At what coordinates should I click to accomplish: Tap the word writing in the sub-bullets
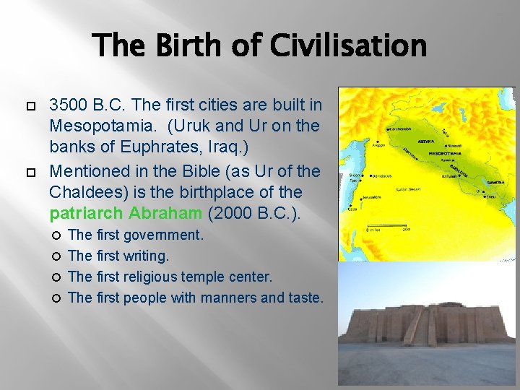pos(147,256)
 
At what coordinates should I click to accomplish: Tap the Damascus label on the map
pos(383,175)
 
